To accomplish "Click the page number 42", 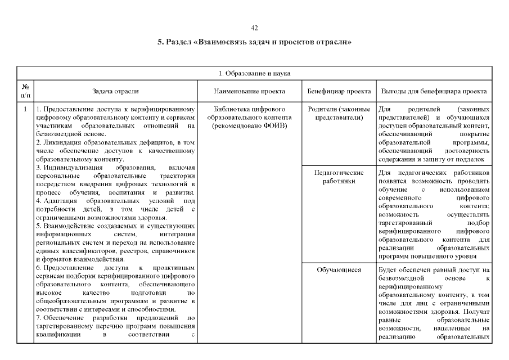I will pos(254,28).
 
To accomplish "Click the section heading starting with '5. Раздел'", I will pos(254,42).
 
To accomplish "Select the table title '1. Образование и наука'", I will pos(254,73).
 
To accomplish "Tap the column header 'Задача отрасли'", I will pos(115,91).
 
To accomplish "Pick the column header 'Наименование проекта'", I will pos(250,91).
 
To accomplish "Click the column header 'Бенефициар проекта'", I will pos(339,91).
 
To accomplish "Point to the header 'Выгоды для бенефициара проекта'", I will pos(434,91).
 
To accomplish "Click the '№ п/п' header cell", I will pos(25,91).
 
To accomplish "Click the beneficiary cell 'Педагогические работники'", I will pos(339,177).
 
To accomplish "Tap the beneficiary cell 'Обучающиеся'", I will pos(339,270).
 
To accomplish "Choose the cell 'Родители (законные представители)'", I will pos(339,113).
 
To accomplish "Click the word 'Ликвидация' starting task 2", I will pos(60,143).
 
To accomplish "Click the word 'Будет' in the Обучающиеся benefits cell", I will pos(388,270).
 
